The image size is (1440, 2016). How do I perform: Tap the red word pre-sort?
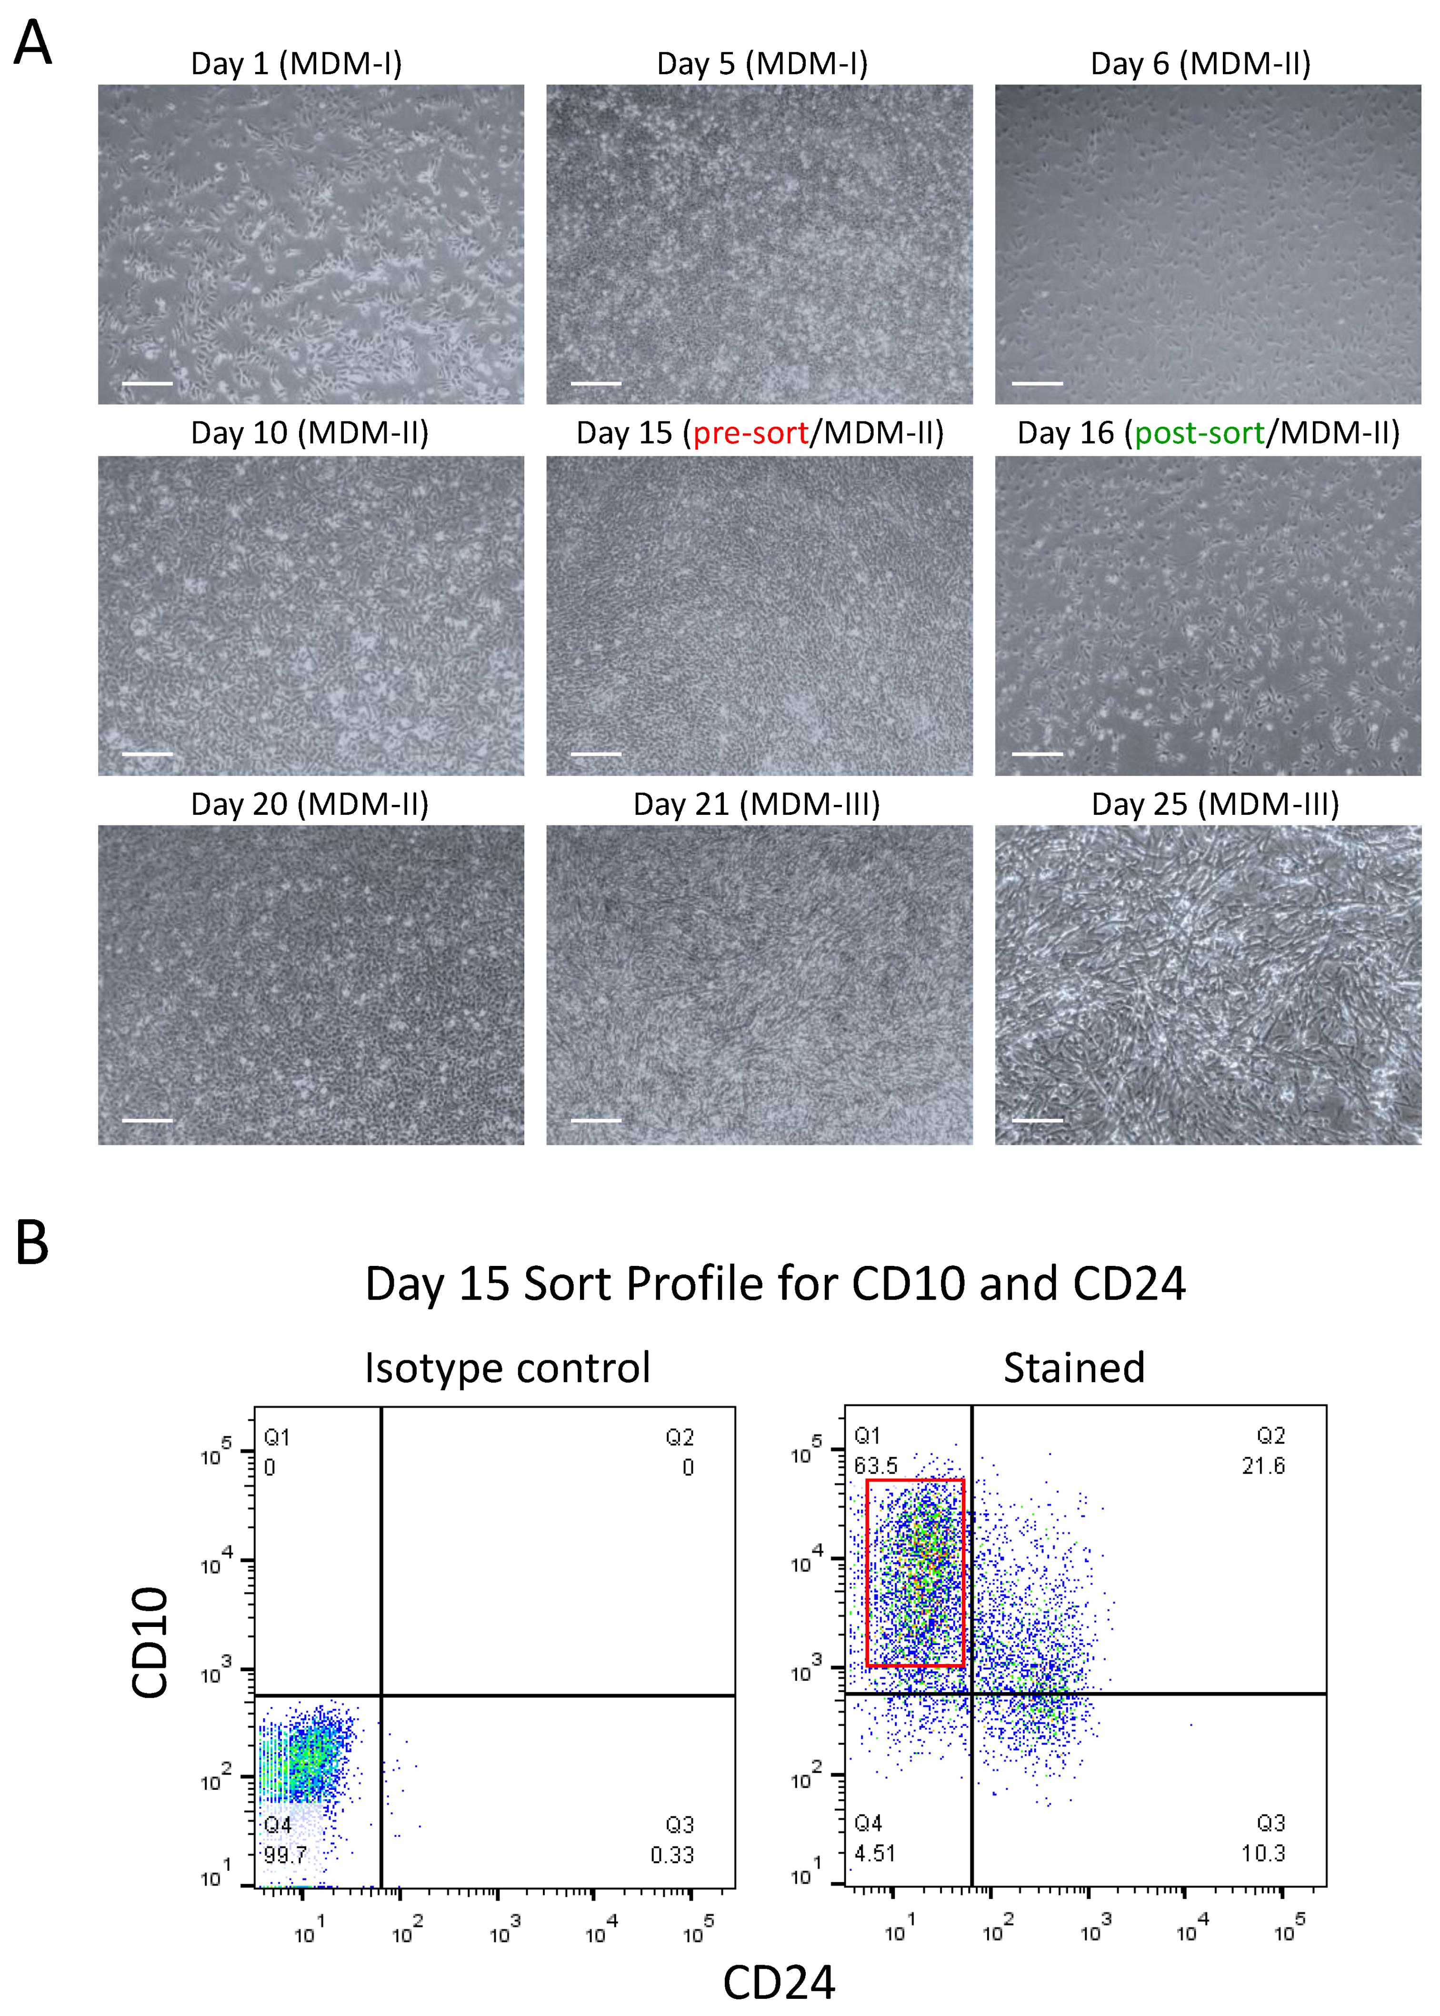[x=750, y=433]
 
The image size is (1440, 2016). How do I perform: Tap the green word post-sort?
[x=1199, y=433]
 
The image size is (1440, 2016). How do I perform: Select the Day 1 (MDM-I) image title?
[x=296, y=64]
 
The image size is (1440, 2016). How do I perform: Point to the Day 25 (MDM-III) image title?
[x=1215, y=804]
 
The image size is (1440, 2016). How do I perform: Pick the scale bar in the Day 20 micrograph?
[x=147, y=1120]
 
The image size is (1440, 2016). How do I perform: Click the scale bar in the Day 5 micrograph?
[x=596, y=383]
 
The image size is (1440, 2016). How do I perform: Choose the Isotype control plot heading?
[x=507, y=1368]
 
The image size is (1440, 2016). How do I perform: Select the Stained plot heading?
[x=1074, y=1368]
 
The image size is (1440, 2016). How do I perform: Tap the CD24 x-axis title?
[x=779, y=1982]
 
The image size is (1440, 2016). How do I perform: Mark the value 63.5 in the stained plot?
[x=875, y=1466]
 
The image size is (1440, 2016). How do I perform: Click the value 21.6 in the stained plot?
[x=1263, y=1466]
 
